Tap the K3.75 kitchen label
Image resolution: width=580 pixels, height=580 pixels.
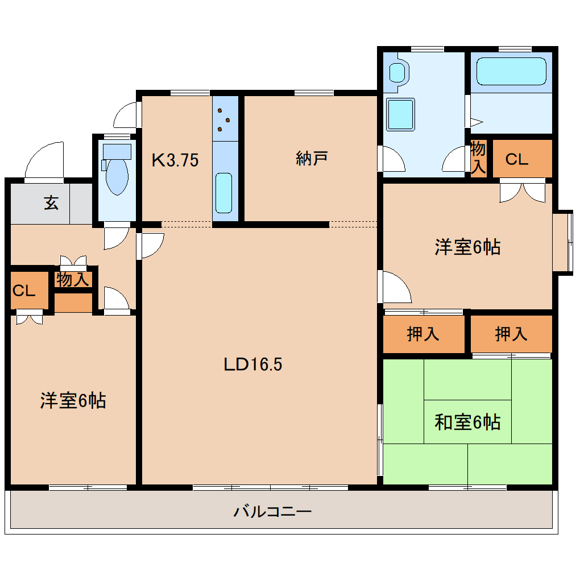point(175,161)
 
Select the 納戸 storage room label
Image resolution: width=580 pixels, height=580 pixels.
point(312,159)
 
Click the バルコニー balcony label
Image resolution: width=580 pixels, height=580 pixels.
point(272,512)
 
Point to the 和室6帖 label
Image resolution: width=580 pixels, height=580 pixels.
point(467,422)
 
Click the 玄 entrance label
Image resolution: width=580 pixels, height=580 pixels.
point(51,203)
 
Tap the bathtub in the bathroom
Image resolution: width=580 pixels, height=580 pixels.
point(511,72)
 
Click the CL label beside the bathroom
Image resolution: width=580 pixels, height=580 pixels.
point(517,160)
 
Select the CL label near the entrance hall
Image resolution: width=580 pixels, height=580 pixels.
point(24,291)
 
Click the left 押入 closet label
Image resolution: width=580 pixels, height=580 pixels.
point(423,334)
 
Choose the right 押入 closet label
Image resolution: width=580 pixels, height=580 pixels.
point(511,334)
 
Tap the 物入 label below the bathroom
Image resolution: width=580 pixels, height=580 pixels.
point(478,158)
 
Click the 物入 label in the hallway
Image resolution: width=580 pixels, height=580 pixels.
point(73,279)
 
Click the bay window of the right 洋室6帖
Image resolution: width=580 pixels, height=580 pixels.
point(564,242)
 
